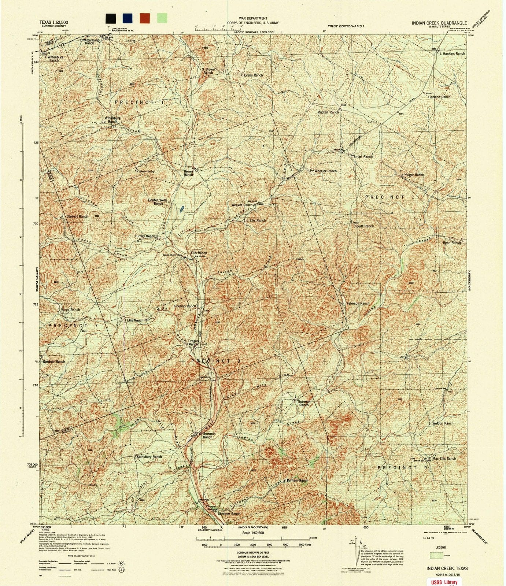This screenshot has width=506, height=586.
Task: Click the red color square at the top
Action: [145, 18]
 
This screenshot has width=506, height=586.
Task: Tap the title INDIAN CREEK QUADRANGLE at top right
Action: [439, 23]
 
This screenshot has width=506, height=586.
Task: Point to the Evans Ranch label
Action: [254, 75]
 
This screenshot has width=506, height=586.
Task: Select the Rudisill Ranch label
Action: [328, 112]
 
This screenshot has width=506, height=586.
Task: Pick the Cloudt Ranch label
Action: [363, 226]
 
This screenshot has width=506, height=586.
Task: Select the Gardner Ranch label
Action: [54, 361]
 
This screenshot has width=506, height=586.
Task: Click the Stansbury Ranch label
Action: [149, 457]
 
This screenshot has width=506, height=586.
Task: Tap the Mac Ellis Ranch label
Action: [444, 458]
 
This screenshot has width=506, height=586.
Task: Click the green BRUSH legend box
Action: [436, 555]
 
